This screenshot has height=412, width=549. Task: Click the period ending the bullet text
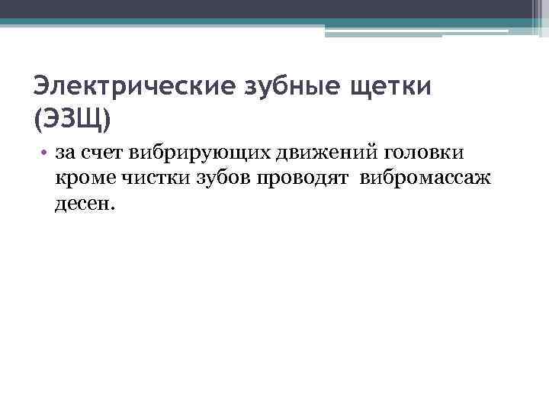[111, 207]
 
